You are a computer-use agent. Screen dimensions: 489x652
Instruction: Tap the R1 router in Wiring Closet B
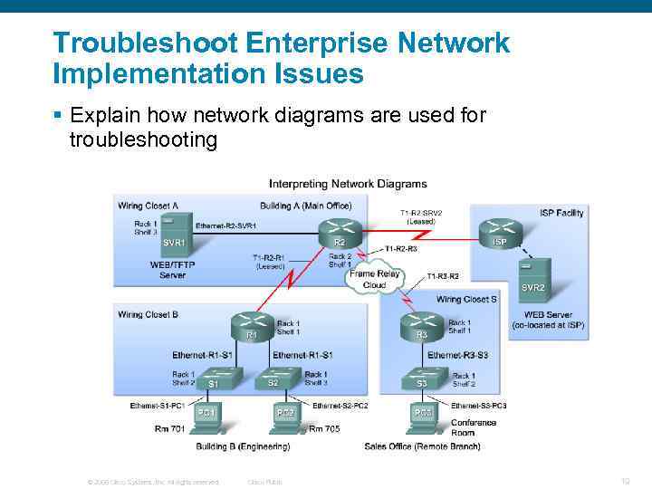[x=252, y=323]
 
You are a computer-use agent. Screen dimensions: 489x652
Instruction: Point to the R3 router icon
[x=421, y=323]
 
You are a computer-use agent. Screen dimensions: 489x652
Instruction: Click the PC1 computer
[x=206, y=416]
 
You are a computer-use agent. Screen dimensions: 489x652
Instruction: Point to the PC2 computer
[x=284, y=416]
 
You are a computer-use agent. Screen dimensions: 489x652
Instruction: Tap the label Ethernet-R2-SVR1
[x=225, y=225]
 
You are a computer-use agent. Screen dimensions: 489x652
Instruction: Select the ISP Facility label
[x=561, y=213]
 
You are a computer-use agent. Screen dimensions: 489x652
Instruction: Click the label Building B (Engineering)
[x=243, y=446]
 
